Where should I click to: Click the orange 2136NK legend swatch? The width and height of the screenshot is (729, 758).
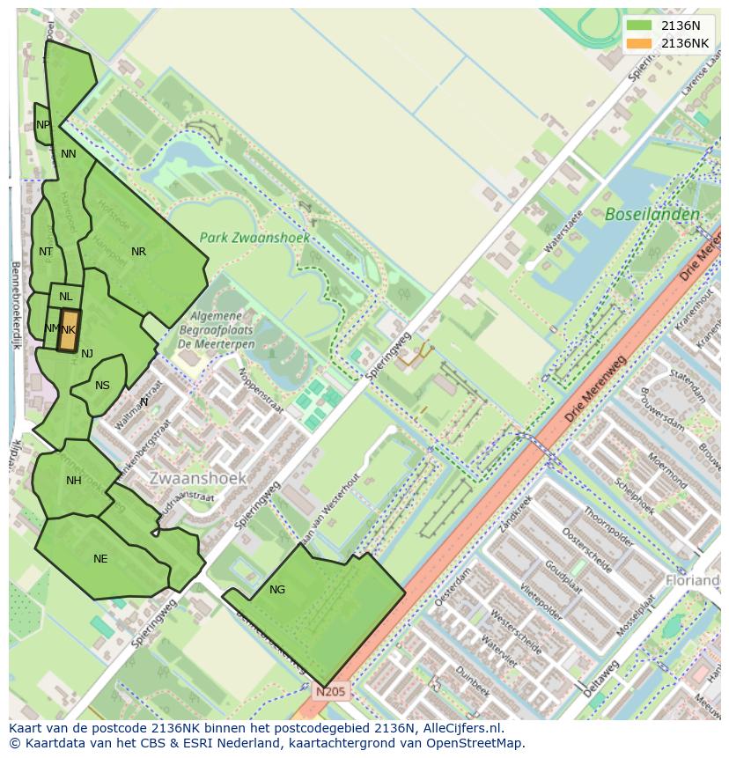coord(640,43)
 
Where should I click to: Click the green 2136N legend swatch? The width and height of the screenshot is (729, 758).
coord(640,26)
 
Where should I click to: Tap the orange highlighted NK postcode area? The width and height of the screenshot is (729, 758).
coord(69,330)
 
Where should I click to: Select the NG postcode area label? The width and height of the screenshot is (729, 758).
coord(277,590)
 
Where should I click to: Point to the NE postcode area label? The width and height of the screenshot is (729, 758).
coord(100,559)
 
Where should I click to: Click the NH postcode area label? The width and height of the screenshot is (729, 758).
coord(73,481)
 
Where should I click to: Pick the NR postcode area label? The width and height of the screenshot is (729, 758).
coord(138,252)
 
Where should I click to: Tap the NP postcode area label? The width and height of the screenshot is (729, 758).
coord(43,125)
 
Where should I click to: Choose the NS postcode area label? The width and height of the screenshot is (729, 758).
coord(102,386)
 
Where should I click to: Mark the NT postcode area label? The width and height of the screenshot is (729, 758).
coord(46,252)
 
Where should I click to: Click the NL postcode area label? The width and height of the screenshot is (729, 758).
coord(66,297)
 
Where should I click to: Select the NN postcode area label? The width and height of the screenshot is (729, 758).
coord(68,154)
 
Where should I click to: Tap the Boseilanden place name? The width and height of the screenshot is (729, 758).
coord(652,214)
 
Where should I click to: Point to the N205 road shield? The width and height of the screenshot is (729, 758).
coord(332,692)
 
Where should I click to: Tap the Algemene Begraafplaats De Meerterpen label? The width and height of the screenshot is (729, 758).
coord(222,329)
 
